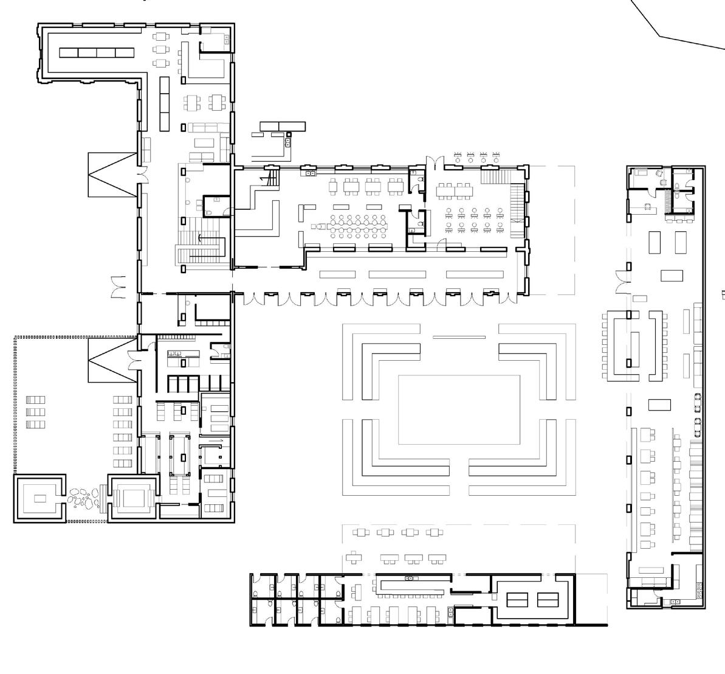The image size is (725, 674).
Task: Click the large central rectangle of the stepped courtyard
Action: [x=459, y=409]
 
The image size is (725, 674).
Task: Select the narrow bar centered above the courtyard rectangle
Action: [x=459, y=336]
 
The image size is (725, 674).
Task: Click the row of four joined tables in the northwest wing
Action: [x=97, y=52]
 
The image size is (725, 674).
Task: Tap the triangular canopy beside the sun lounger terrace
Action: [x=112, y=360]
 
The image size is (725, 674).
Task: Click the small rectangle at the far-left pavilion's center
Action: [x=40, y=499]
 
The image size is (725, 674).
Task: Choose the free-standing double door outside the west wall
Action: [x=117, y=287]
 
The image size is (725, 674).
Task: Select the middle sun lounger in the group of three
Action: [x=36, y=412]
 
